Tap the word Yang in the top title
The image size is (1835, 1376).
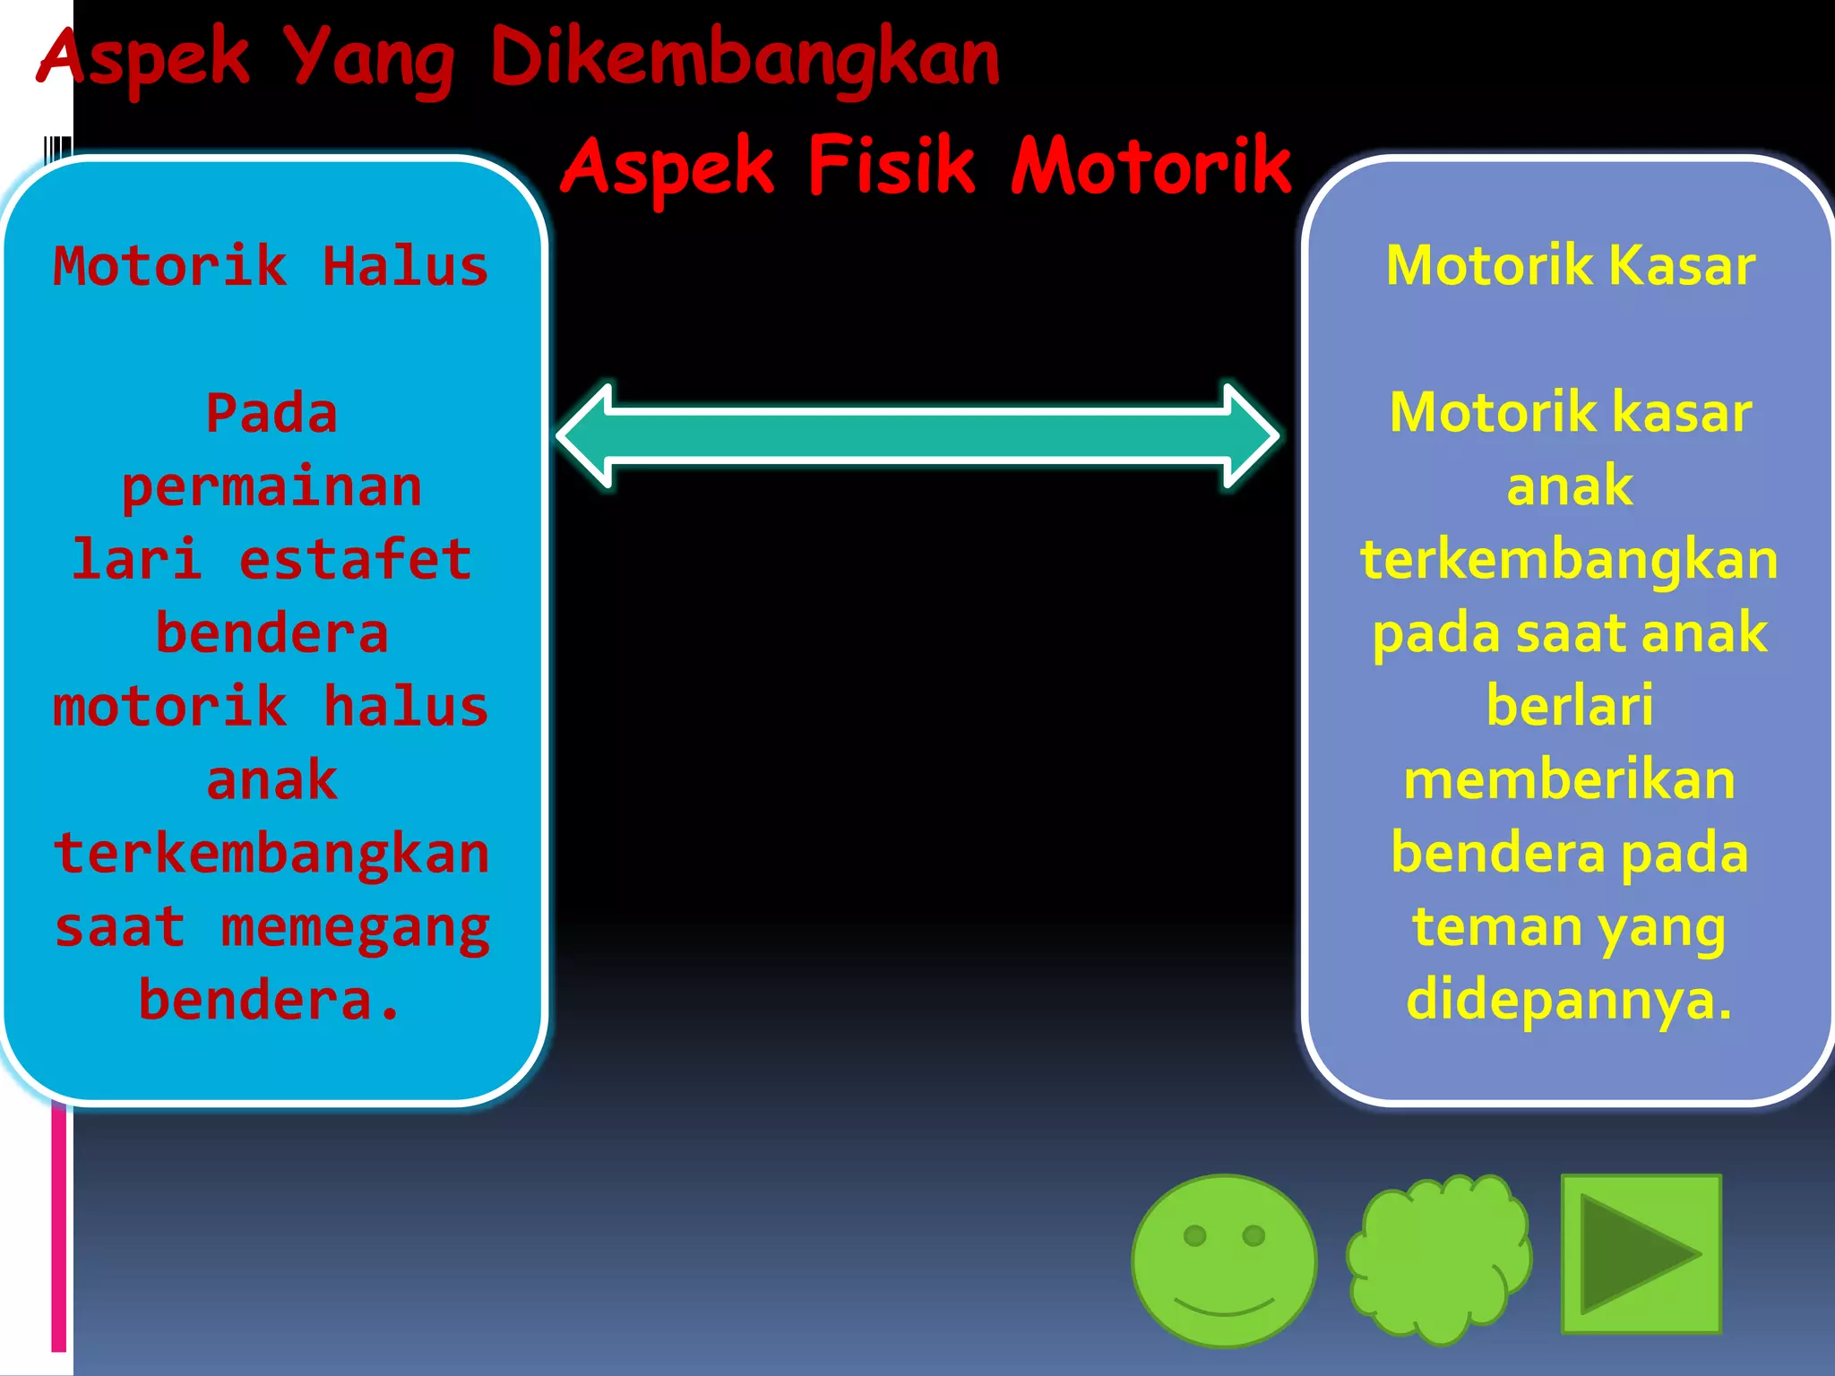click(x=369, y=59)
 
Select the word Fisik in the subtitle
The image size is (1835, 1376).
click(x=891, y=166)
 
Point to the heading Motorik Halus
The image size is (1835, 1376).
click(x=271, y=266)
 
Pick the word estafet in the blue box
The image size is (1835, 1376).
click(x=355, y=560)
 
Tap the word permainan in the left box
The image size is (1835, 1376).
click(x=271, y=487)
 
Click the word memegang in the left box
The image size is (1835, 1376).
click(x=355, y=927)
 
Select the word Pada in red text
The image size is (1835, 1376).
click(x=271, y=413)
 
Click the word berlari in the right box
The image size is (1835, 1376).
click(x=1570, y=706)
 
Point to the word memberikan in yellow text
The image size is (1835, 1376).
click(x=1570, y=779)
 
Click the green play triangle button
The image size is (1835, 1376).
click(x=1641, y=1253)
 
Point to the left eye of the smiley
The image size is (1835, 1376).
click(x=1195, y=1236)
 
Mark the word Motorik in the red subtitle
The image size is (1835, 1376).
click(x=1150, y=166)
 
